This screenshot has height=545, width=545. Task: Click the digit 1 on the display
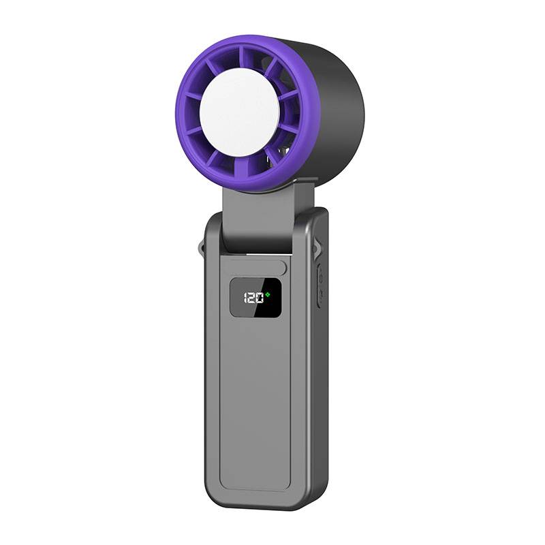245,298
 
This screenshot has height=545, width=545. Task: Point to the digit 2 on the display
252,298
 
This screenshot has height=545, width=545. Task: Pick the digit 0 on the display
260,298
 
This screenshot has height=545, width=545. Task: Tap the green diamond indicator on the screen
268,294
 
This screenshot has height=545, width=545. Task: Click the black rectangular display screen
255,298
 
